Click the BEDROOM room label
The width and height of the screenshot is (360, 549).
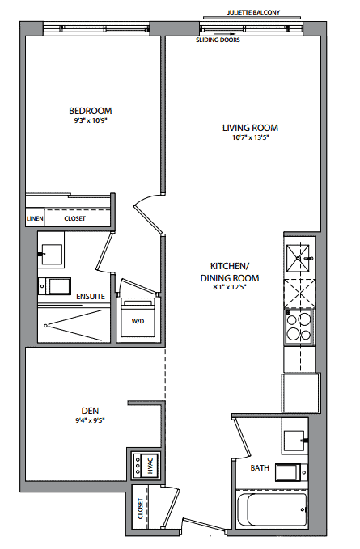click(x=91, y=111)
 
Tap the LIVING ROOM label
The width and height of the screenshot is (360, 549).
click(x=250, y=128)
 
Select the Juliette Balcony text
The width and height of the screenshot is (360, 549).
click(x=254, y=12)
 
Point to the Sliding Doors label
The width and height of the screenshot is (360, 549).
click(x=218, y=40)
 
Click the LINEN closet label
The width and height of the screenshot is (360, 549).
click(x=35, y=218)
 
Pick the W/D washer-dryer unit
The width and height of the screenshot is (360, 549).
click(x=138, y=318)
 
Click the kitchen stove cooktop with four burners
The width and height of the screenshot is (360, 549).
click(x=299, y=327)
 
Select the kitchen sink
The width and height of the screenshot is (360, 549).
click(x=299, y=258)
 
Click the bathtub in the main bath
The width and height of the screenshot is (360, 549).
click(x=272, y=509)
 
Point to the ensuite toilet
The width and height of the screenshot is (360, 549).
click(x=55, y=286)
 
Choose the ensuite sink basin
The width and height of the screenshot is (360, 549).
click(x=52, y=254)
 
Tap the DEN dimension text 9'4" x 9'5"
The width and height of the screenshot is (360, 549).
click(x=90, y=420)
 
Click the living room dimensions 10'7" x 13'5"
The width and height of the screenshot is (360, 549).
click(x=250, y=137)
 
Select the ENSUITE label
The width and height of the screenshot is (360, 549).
click(x=91, y=297)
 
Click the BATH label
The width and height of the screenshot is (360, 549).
click(x=260, y=468)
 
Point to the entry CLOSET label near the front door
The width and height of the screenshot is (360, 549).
click(x=141, y=509)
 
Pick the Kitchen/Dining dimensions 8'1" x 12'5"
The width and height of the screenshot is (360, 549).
click(x=230, y=288)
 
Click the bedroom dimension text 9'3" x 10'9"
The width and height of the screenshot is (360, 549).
click(x=90, y=120)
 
